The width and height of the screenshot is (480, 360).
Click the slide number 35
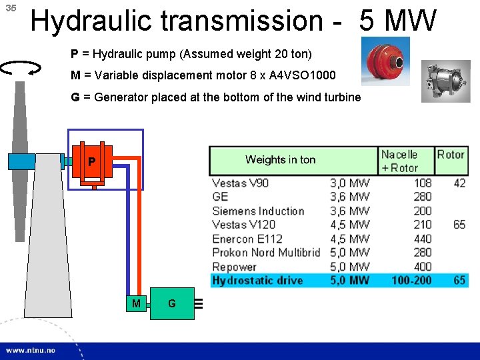point(10,9)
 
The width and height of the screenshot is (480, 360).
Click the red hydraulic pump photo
point(385,61)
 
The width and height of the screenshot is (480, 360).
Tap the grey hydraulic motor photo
point(446,81)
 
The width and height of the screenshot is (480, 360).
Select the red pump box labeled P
point(93,161)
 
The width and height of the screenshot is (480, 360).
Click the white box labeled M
point(137,304)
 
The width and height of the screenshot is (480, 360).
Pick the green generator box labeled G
point(172,304)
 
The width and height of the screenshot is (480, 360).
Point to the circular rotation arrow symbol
point(22,67)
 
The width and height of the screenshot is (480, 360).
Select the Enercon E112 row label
point(247,239)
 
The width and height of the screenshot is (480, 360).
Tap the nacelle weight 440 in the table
point(422,239)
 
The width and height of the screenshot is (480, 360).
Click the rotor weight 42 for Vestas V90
point(459,183)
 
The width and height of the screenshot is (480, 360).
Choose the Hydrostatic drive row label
point(257,281)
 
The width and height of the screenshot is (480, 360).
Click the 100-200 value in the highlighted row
point(411,281)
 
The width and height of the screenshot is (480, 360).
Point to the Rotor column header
point(451,155)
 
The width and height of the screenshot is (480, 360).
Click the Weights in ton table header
point(280,159)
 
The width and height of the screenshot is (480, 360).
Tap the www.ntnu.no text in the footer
point(31,350)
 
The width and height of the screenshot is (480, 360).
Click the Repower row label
point(234,267)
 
